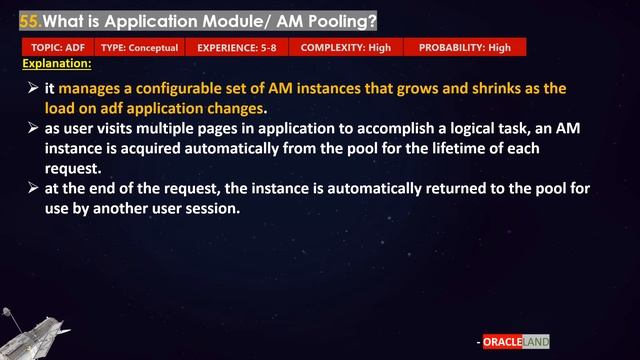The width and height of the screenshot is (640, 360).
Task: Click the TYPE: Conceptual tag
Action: pos(140,47)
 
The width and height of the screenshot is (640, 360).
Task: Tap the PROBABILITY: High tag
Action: pos(464,47)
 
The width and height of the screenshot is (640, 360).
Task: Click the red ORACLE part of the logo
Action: pos(504,341)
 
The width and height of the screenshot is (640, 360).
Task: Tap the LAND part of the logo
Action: pos(537,341)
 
